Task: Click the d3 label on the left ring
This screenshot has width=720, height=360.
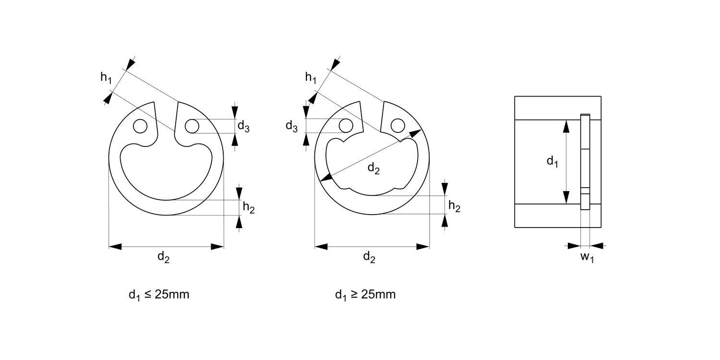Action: tap(243, 127)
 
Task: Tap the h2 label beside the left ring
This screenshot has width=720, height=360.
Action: tap(249, 207)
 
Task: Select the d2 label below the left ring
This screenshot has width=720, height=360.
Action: tap(164, 257)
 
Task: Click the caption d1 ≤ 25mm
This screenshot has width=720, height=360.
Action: tap(159, 295)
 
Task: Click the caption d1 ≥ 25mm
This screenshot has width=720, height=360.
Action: tap(365, 295)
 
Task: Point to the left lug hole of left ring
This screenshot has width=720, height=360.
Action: tap(140, 126)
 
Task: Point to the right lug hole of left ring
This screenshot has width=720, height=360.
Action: tap(191, 126)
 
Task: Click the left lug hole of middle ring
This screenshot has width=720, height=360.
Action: tap(345, 126)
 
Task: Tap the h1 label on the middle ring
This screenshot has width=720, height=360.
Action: tap(311, 77)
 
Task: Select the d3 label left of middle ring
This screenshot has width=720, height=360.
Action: tap(291, 126)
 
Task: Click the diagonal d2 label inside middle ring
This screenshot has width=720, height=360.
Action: tap(373, 168)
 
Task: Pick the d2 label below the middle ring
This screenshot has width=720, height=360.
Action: tap(369, 257)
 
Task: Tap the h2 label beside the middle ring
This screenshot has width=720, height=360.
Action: tap(454, 206)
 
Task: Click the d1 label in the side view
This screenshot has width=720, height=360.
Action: tap(552, 161)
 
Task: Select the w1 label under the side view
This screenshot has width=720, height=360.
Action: tap(587, 257)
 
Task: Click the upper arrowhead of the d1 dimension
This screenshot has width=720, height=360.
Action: tap(566, 126)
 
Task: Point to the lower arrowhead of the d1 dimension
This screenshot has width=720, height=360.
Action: tap(566, 197)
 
